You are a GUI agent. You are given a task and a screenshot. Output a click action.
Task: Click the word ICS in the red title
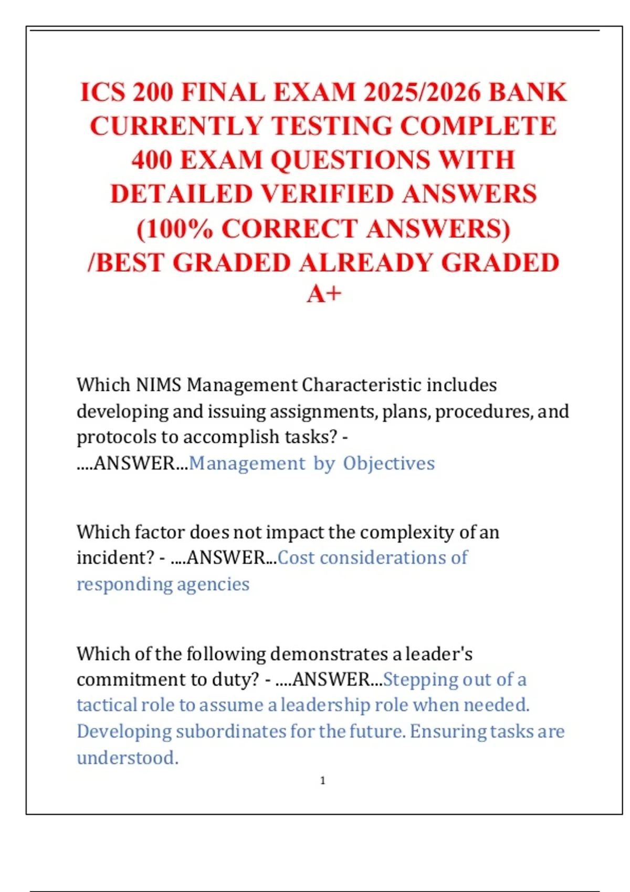coord(102,92)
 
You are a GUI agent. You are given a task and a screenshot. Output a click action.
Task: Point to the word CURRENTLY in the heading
coord(176,126)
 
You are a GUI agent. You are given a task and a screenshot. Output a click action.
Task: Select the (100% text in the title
coord(175,229)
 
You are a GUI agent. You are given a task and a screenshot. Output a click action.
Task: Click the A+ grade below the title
coord(324,294)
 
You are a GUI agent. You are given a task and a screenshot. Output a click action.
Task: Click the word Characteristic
coord(362,385)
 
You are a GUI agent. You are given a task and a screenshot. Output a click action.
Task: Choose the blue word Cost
coord(296,558)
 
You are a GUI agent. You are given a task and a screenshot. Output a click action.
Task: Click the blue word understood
coord(127,758)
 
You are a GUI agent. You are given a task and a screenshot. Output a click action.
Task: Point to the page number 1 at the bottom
coord(323,781)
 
